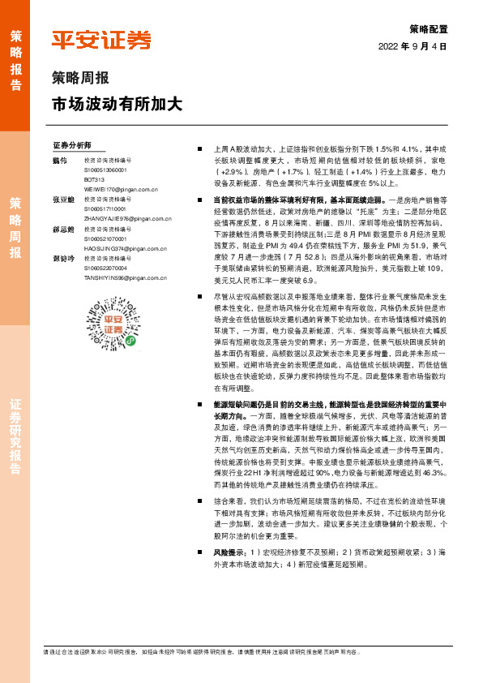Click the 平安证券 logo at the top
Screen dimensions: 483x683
point(101,40)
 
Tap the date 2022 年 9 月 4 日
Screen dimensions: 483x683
point(412,47)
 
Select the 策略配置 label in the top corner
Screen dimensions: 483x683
point(428,29)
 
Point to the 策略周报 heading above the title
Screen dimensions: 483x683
point(80,79)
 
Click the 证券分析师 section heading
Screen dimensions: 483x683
point(72,146)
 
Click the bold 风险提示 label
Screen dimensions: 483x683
point(229,552)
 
